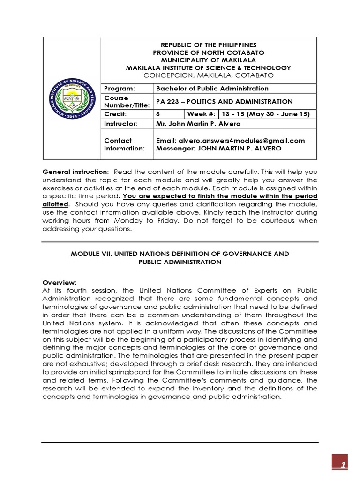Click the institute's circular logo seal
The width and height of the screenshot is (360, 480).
72,102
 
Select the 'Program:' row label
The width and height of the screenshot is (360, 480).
119,89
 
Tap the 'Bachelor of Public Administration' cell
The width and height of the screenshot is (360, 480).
212,89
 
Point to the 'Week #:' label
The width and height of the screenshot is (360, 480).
202,114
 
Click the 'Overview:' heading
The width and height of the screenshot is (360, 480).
60,283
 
